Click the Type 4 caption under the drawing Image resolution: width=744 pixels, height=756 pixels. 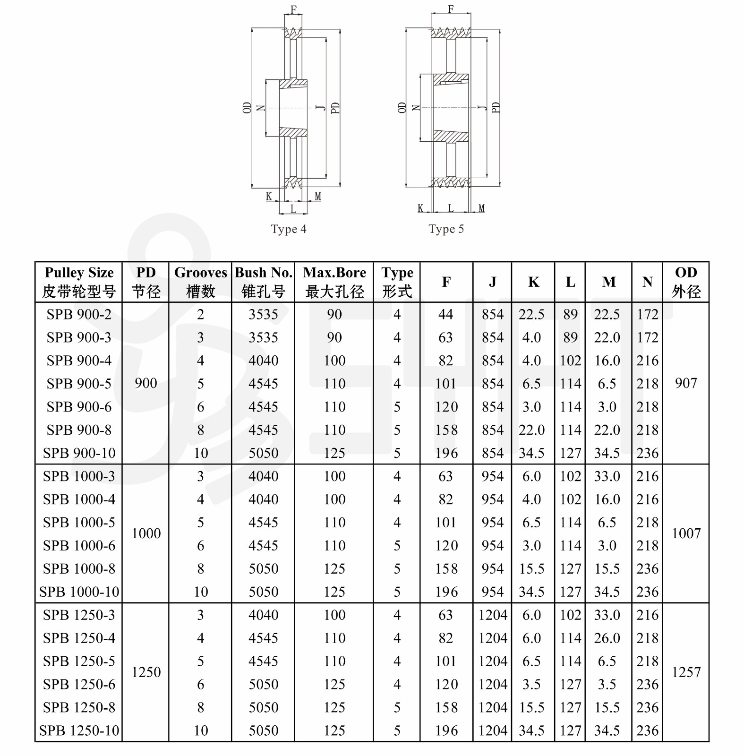pos(288,229)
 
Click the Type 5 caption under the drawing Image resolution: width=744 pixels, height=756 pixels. pos(446,229)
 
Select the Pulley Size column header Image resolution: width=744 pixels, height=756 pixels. pos(79,282)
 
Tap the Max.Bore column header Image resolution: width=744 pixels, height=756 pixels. pos(334,282)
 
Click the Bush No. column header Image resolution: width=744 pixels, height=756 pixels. pos(263,282)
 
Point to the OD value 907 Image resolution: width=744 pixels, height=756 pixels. pos(686,383)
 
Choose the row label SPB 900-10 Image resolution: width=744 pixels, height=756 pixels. pos(79,453)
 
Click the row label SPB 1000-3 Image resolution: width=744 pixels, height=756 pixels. pos(79,476)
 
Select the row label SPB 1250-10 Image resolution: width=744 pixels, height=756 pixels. pos(79,730)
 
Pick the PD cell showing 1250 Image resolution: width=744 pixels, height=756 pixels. pos(146,672)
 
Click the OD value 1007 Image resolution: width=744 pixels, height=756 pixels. pos(686,533)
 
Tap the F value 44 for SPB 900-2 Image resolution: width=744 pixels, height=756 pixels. pos(445,314)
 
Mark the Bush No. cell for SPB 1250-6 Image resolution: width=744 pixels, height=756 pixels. pos(263,684)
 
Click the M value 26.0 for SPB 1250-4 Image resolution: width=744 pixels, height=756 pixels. pos(607,638)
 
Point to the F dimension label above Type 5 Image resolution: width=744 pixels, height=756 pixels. pos(451,9)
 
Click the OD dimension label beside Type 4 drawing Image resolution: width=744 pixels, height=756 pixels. pos(247,108)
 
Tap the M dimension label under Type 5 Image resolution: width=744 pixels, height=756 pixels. pos(481,208)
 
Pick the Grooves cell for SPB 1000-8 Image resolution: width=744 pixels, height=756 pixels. pos(200,568)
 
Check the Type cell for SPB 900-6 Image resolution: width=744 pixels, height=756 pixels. pos(397,407)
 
